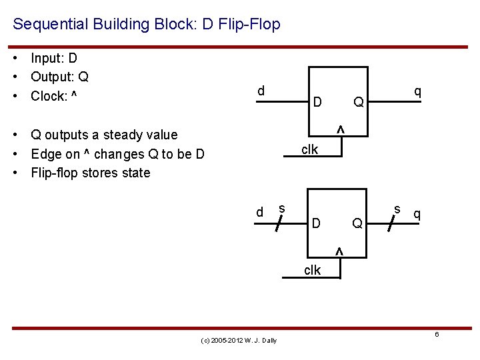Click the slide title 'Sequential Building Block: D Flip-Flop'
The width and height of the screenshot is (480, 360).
[x=147, y=25]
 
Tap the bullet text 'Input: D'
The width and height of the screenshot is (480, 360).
[x=54, y=58]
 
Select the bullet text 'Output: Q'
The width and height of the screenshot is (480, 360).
[x=60, y=77]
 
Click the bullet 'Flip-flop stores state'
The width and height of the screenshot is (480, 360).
[x=91, y=173]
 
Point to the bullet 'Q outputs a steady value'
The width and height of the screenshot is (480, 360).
[x=104, y=135]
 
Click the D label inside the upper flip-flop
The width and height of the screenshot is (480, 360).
[x=318, y=102]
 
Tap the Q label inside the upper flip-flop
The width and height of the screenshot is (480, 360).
[x=359, y=102]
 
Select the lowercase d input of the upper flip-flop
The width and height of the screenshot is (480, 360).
[x=261, y=90]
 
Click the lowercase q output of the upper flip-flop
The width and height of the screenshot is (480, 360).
[x=417, y=90]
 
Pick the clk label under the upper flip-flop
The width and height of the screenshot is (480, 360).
[x=309, y=149]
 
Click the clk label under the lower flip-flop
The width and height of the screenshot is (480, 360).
[x=312, y=270]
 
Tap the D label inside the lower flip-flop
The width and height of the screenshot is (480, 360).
[x=317, y=223]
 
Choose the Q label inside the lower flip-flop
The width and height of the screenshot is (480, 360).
[x=358, y=223]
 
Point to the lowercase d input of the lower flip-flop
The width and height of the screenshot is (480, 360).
[x=260, y=212]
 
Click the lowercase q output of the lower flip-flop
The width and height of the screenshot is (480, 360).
[x=417, y=213]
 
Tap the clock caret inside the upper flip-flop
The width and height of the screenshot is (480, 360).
[x=339, y=129]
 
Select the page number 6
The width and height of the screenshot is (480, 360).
[x=437, y=334]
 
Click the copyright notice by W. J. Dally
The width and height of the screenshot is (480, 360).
[x=239, y=341]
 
